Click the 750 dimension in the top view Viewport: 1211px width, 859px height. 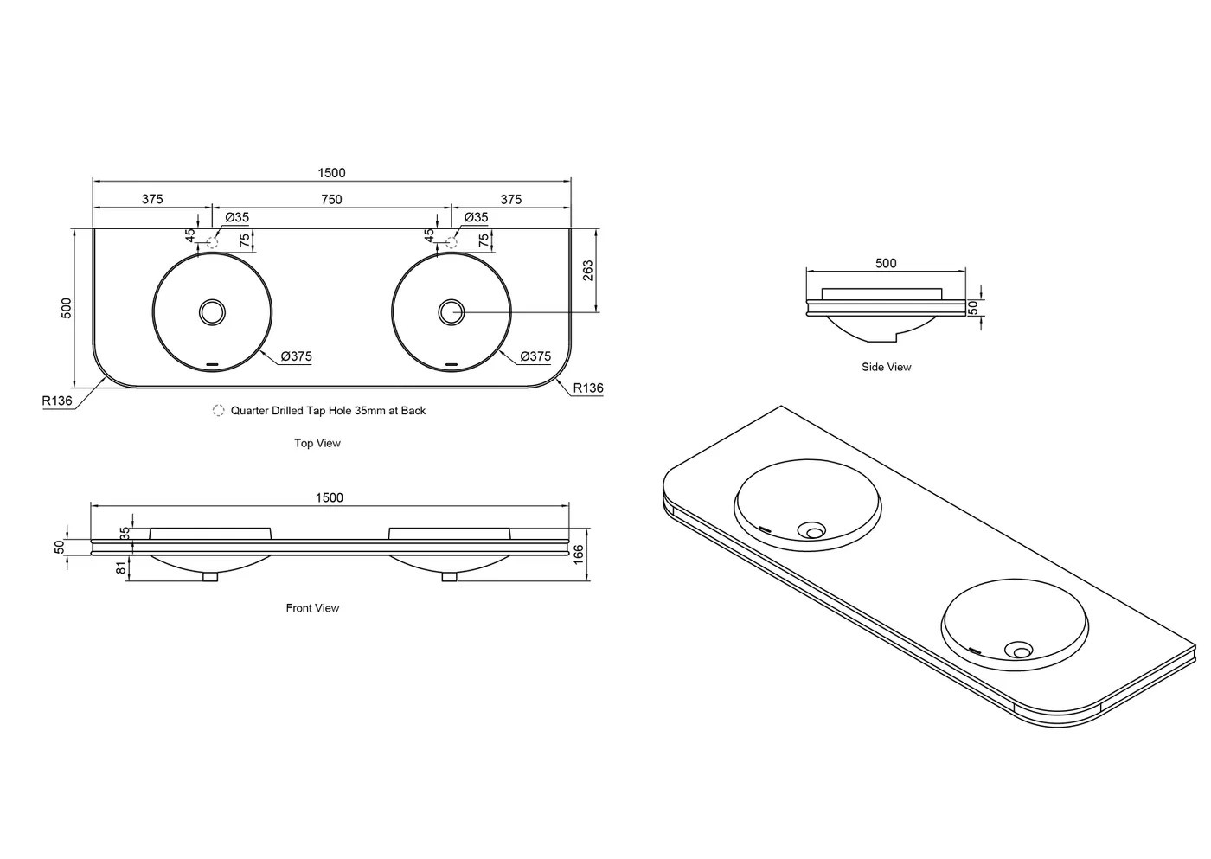click(x=331, y=200)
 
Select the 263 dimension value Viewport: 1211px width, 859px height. click(x=588, y=271)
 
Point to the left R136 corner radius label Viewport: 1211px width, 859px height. click(x=57, y=401)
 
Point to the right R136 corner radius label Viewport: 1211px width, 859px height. click(x=588, y=388)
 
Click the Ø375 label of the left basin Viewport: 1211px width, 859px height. click(x=295, y=356)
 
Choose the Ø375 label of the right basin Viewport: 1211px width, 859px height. click(x=535, y=356)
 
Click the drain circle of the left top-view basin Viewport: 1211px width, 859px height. click(x=212, y=311)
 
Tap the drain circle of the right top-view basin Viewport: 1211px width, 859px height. click(x=451, y=311)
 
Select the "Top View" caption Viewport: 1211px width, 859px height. click(x=317, y=443)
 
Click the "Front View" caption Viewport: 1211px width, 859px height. click(x=312, y=608)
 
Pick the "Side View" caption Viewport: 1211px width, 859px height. click(x=886, y=367)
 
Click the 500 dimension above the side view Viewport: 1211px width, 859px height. click(x=886, y=263)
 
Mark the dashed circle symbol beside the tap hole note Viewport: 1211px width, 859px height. click(x=218, y=411)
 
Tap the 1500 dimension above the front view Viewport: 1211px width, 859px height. click(x=329, y=497)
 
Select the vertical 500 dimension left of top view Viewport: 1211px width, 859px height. click(x=67, y=308)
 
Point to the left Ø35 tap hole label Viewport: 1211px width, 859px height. click(x=237, y=217)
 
